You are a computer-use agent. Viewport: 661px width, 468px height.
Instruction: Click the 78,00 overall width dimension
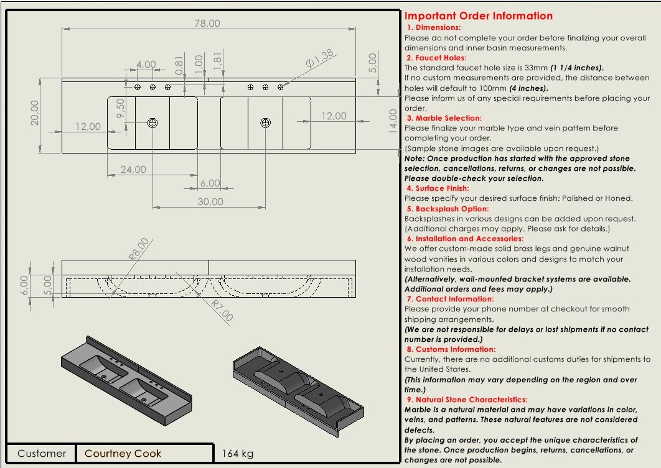coord(207,24)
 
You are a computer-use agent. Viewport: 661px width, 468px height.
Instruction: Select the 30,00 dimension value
coord(210,201)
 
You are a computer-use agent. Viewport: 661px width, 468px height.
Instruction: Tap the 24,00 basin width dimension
coord(133,169)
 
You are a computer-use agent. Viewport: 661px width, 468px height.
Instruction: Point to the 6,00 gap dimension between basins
coord(210,183)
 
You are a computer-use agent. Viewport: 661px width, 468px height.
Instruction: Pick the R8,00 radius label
coord(139,248)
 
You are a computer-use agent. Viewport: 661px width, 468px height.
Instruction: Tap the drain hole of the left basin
coord(152,123)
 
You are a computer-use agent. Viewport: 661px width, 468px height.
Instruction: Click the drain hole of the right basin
coord(265,123)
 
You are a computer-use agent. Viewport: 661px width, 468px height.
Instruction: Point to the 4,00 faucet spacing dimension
coord(146,64)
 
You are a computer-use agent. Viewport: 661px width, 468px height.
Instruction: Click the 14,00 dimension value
coord(393,121)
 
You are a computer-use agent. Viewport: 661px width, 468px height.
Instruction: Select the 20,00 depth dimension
coord(35,112)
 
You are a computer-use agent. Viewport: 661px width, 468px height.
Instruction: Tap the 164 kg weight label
coord(238,454)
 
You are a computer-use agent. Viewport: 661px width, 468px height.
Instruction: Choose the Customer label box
coord(41,453)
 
